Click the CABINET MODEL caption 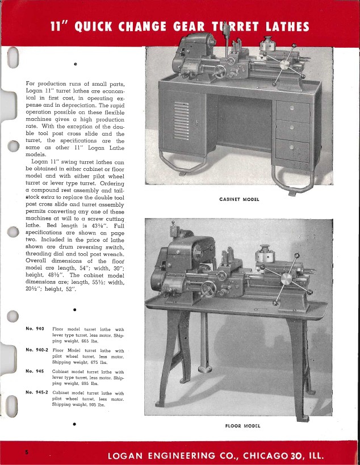[x=238, y=199]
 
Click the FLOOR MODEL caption [x=239, y=425]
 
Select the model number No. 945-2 [x=37, y=392]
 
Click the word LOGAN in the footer [x=132, y=455]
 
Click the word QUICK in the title [x=101, y=27]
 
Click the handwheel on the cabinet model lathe [x=220, y=72]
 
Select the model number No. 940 [x=35, y=329]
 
